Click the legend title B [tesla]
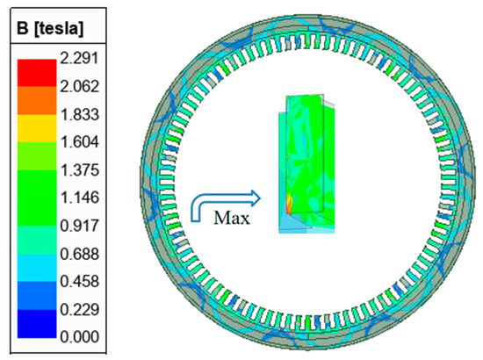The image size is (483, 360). click(x=50, y=28)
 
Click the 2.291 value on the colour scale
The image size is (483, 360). click(x=79, y=58)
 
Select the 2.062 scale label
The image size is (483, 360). click(x=79, y=86)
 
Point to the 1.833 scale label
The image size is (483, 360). click(x=79, y=114)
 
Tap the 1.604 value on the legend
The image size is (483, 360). click(x=79, y=142)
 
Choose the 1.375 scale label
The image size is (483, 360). click(x=79, y=170)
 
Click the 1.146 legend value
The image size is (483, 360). click(x=79, y=198)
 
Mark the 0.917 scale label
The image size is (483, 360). click(x=79, y=226)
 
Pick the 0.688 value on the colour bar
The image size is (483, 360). click(x=79, y=254)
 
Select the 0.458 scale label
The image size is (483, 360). click(x=79, y=281)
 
